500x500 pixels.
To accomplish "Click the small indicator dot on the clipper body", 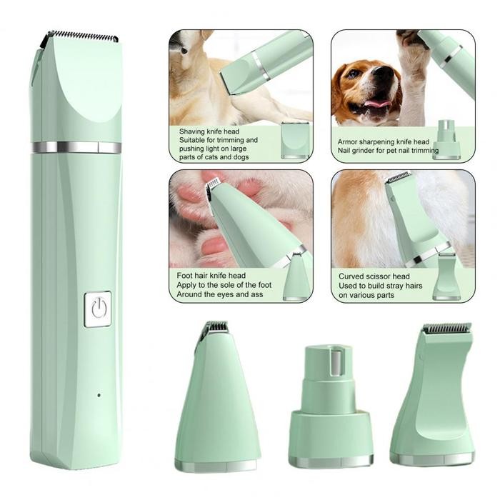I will click(99, 395).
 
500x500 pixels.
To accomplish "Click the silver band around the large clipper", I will click(76, 147).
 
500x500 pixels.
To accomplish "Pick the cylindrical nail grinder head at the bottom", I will click(331, 407).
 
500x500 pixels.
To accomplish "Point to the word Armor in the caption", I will click(351, 141).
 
